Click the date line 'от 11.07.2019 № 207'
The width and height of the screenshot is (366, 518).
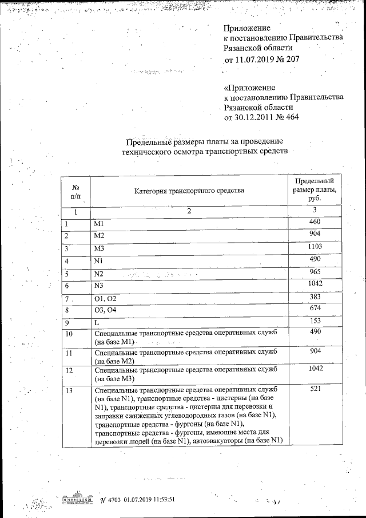(261, 59)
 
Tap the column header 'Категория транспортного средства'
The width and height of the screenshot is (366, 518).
(189, 190)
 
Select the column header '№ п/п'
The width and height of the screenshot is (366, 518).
(75, 191)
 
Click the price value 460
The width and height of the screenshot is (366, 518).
(315, 222)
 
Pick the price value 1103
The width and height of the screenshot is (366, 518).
(315, 247)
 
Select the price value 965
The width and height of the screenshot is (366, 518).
(315, 272)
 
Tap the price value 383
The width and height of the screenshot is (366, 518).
(315, 296)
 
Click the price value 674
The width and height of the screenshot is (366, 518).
(315, 309)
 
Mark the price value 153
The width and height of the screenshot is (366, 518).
(315, 322)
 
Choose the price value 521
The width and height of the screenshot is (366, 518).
(315, 389)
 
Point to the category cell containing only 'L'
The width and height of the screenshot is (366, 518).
(96, 324)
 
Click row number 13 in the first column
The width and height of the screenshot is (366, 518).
(70, 391)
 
